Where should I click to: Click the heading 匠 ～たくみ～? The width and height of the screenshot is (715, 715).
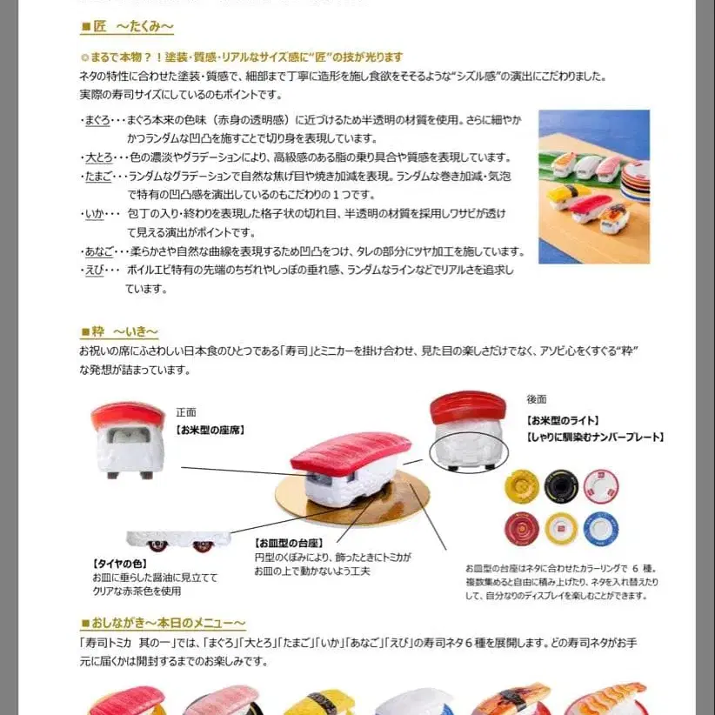[x=127, y=27]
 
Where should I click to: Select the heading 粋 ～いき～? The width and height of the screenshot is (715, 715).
[x=119, y=331]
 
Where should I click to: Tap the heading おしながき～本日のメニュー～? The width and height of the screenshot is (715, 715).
[x=163, y=623]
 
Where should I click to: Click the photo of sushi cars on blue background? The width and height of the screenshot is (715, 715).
[x=593, y=186]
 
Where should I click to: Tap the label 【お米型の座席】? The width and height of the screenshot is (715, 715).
[x=210, y=429]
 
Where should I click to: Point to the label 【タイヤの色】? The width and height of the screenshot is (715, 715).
[x=119, y=563]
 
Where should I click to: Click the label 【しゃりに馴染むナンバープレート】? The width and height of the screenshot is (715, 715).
[x=595, y=437]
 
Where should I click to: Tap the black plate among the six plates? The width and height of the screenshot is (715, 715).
[x=561, y=487]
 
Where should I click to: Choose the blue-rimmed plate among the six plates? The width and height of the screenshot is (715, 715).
[x=601, y=529]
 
